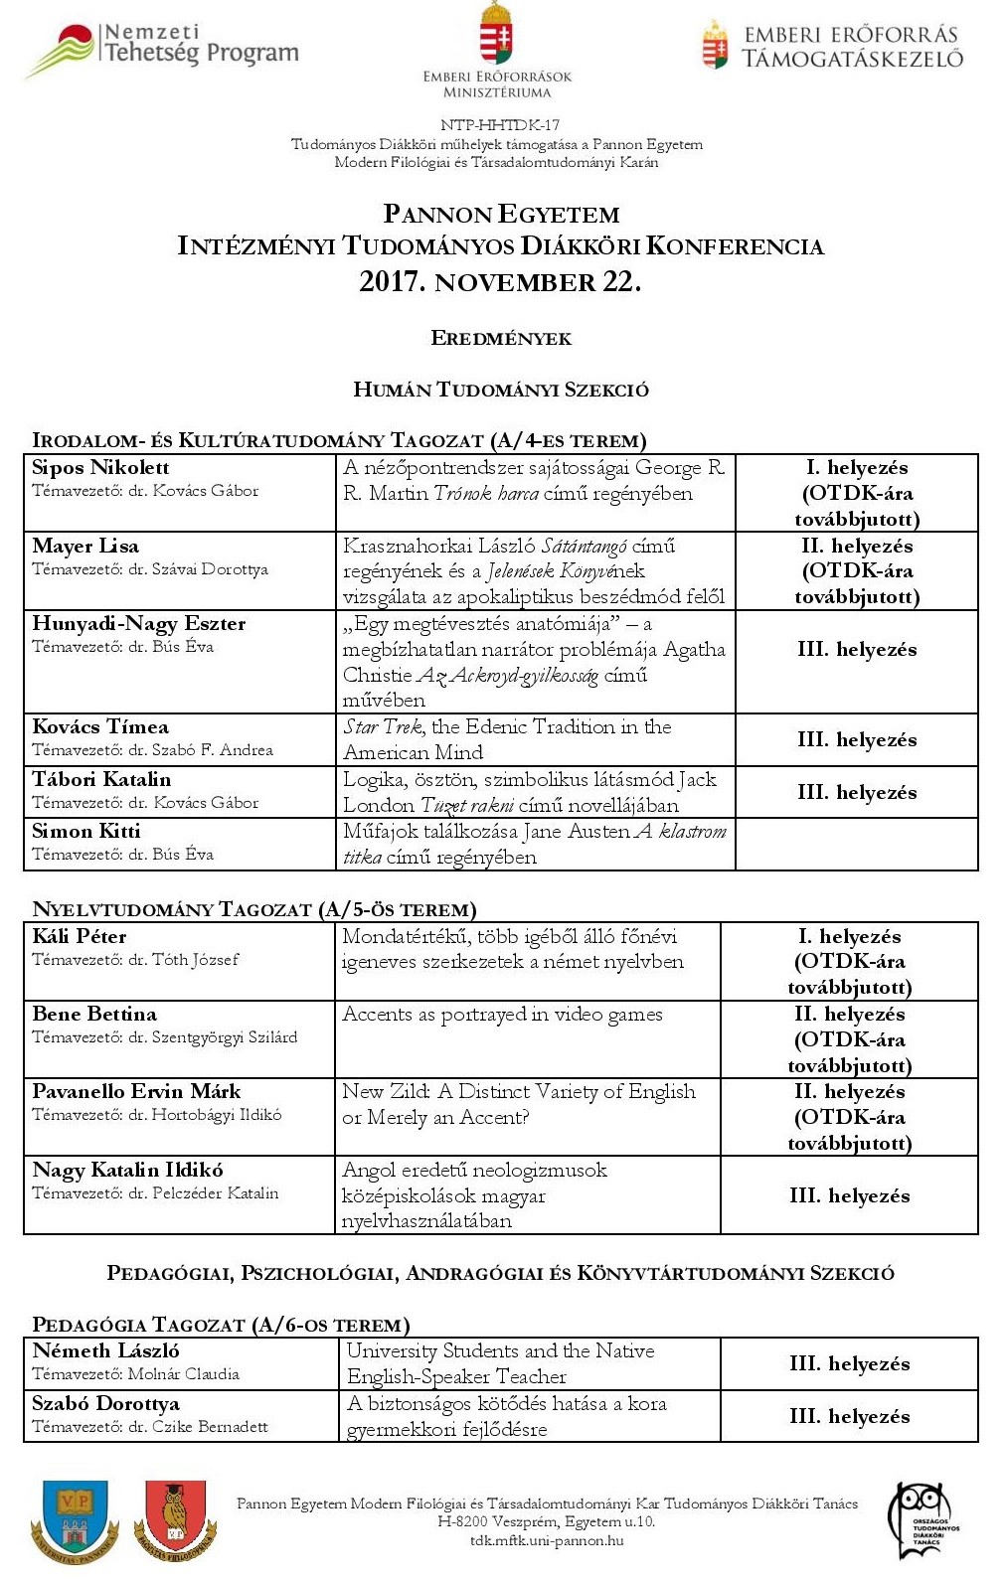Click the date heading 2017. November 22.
(500, 282)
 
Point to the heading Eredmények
(501, 339)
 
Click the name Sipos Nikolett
(100, 468)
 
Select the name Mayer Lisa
(85, 546)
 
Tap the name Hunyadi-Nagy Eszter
(139, 624)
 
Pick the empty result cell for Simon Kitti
(856, 845)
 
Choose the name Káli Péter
(80, 936)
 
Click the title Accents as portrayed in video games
(502, 1015)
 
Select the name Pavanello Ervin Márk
(136, 1092)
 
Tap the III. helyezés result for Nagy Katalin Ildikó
(849, 1195)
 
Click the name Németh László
(106, 1351)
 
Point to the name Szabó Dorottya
(106, 1404)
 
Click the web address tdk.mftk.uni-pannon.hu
(547, 1541)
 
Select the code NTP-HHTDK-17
(500, 125)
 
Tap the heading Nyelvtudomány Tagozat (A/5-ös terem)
(254, 909)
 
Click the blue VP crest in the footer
(76, 1520)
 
